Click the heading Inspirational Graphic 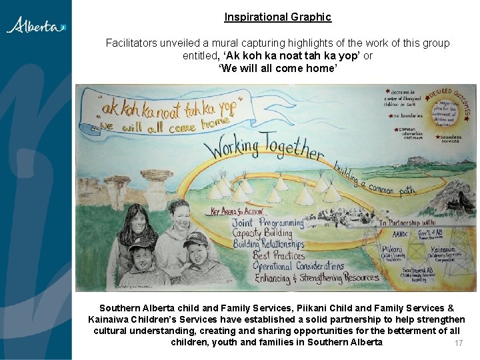[277, 17]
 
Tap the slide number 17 [458, 343]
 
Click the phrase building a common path [373, 179]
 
